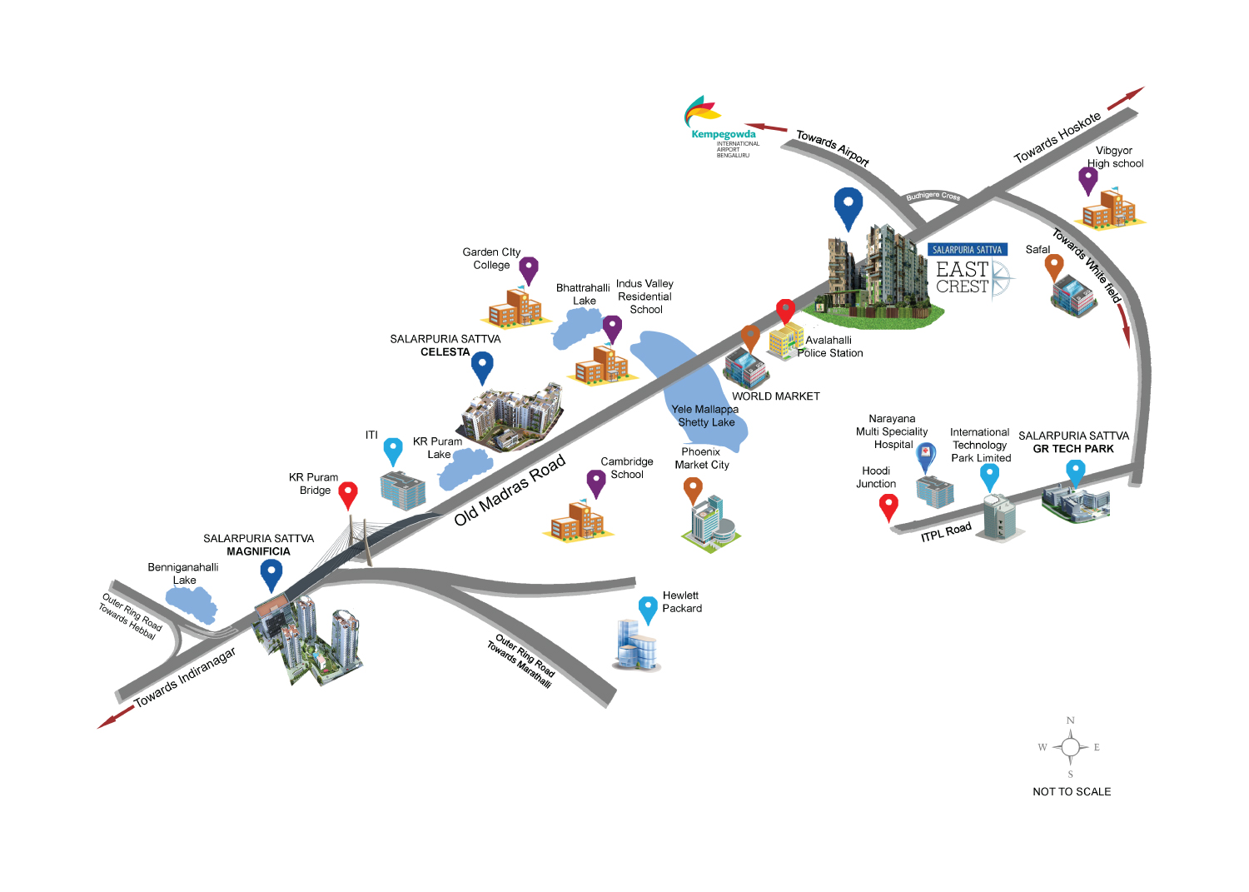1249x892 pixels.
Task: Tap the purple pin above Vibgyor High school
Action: tap(1087, 179)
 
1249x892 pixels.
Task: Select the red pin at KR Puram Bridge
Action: tap(348, 494)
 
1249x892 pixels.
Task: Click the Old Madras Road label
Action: tap(510, 491)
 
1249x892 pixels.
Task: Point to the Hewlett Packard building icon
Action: tap(637, 645)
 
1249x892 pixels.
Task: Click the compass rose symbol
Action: tap(1071, 747)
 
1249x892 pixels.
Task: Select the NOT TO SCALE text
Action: tap(1072, 792)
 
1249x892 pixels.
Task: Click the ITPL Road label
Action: tap(946, 531)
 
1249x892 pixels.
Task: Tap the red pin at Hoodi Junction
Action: tap(888, 506)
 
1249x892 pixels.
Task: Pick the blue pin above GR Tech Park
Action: tap(1076, 471)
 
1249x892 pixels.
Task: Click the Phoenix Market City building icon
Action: tap(710, 523)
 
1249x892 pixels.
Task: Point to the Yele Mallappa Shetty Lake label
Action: tap(705, 416)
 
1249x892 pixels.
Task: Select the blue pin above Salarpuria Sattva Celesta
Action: tap(482, 366)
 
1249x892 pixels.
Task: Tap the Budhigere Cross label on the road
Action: tap(933, 197)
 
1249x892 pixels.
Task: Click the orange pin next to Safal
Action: tap(1054, 267)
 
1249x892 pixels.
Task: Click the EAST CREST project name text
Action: tap(962, 277)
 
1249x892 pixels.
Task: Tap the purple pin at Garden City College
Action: tap(529, 269)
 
